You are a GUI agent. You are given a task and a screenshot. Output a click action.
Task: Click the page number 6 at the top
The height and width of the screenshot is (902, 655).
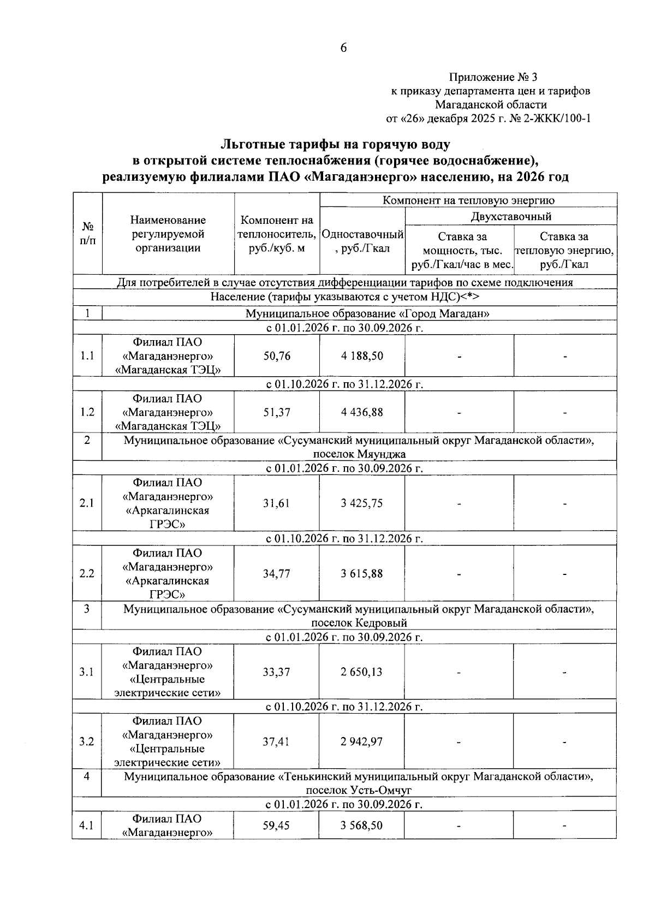click(343, 48)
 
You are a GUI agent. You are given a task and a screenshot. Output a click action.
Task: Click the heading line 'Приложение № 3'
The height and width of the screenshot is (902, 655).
click(496, 77)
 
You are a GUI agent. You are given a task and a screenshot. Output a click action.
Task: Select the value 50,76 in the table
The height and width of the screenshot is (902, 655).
click(277, 356)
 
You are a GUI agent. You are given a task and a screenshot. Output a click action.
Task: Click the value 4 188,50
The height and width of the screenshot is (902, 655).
click(362, 356)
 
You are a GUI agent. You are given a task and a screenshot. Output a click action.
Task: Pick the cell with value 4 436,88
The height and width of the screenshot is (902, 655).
click(362, 412)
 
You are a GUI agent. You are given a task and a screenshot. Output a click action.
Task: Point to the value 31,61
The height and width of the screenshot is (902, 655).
click(277, 503)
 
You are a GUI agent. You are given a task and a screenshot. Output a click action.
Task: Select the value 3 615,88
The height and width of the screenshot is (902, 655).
click(362, 574)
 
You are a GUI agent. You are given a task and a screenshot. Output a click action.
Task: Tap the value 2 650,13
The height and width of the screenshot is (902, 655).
click(362, 672)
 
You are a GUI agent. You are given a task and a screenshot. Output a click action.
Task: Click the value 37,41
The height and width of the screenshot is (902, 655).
click(277, 742)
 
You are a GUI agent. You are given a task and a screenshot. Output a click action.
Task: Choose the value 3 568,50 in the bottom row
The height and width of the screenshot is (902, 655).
click(362, 826)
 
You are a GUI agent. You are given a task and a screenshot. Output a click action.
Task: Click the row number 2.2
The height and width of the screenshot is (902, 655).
click(87, 574)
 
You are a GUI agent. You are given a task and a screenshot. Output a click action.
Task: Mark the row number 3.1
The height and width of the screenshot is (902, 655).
click(87, 672)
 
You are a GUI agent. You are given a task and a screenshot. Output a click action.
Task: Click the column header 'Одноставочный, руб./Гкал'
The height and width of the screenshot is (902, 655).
click(362, 241)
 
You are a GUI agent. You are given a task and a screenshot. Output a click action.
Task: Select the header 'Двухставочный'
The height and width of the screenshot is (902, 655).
click(511, 217)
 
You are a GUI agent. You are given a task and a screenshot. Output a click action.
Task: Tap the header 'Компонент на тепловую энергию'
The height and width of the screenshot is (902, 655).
click(468, 200)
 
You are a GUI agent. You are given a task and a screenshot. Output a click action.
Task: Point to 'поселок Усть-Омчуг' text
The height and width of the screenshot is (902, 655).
click(359, 790)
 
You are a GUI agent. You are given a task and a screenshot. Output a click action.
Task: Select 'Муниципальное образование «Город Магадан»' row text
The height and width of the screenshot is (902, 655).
click(367, 314)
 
